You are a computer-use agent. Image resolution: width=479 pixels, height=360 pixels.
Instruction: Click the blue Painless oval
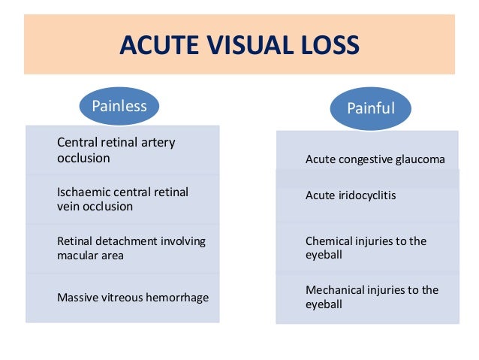(119, 106)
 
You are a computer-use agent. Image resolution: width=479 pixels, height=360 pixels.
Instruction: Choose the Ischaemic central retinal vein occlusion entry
(122, 199)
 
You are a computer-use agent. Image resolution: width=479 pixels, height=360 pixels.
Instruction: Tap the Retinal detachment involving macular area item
(131, 248)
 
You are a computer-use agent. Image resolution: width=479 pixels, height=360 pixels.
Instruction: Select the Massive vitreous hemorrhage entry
(133, 298)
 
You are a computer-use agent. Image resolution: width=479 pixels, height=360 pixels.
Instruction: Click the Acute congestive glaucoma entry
(375, 159)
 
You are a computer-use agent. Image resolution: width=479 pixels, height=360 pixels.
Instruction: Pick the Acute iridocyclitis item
(351, 195)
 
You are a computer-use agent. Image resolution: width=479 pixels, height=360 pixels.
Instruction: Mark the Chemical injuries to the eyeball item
(366, 248)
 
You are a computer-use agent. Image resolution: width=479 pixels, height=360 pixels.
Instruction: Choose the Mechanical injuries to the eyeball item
(372, 297)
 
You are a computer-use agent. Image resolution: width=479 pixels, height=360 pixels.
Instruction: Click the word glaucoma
(420, 159)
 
